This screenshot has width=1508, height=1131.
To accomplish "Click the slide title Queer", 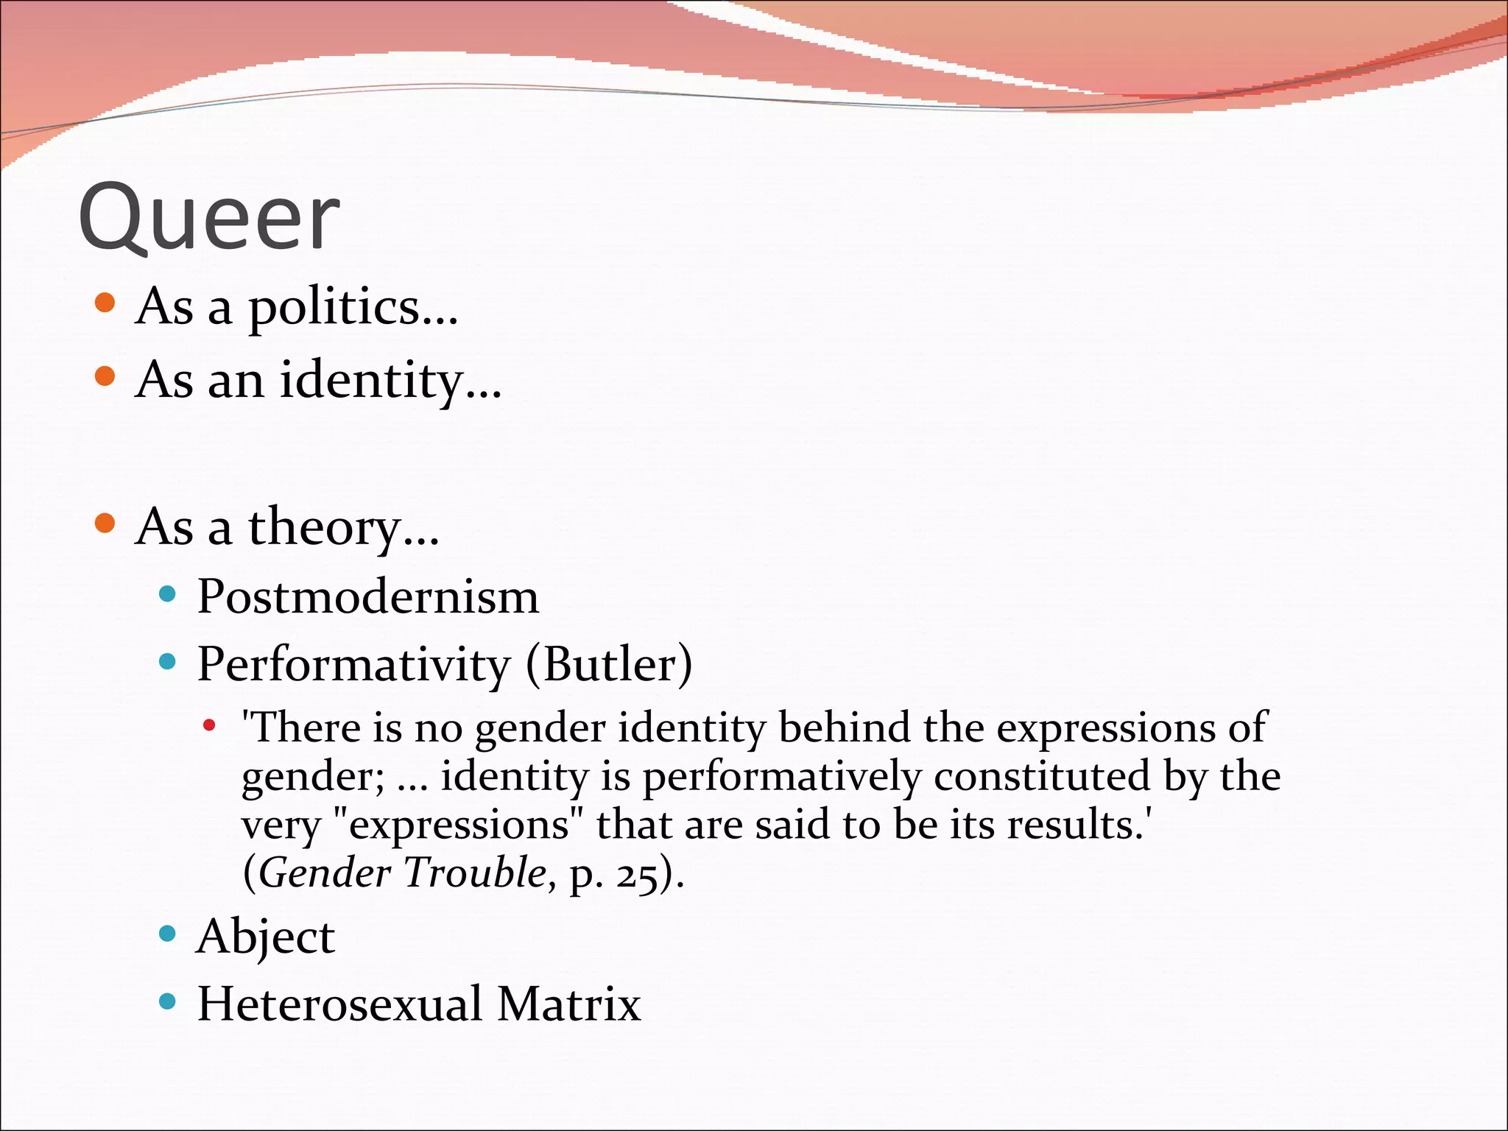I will pyautogui.click(x=209, y=218).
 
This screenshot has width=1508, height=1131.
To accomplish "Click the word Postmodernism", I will pyautogui.click(x=367, y=596).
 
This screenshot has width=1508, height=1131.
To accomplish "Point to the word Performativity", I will pyautogui.click(x=353, y=665).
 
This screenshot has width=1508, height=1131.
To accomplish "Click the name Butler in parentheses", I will pyautogui.click(x=608, y=665).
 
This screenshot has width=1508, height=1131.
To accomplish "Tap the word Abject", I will pyautogui.click(x=266, y=937).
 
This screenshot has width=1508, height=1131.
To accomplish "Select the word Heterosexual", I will pyautogui.click(x=339, y=1004).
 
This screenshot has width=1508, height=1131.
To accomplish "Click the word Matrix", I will pyautogui.click(x=568, y=1004).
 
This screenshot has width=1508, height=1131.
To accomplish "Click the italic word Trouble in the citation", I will pyautogui.click(x=475, y=873).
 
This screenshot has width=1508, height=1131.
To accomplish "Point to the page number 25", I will pyautogui.click(x=637, y=875).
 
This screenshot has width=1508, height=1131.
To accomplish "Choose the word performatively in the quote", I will pyautogui.click(x=782, y=777).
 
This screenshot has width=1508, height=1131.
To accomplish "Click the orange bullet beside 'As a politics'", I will pyautogui.click(x=105, y=303).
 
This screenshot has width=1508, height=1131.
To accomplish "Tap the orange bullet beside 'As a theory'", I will pyautogui.click(x=105, y=524).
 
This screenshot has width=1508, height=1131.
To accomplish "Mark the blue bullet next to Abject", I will pyautogui.click(x=168, y=934).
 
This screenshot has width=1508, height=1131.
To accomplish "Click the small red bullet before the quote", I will pyautogui.click(x=210, y=726).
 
